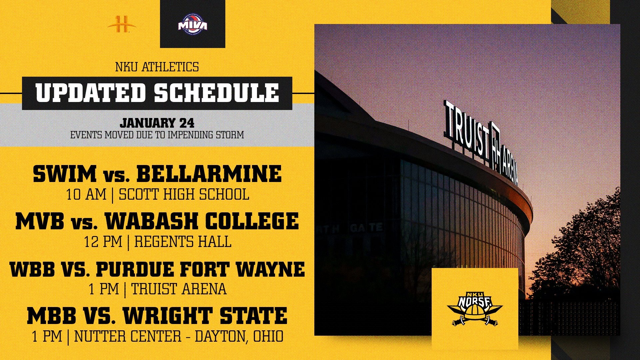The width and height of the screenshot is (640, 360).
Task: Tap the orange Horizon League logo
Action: point(122,24)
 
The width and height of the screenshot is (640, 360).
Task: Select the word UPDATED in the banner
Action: point(91,93)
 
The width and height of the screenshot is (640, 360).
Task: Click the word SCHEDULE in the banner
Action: point(216,93)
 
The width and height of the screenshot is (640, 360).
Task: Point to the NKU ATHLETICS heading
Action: point(157,67)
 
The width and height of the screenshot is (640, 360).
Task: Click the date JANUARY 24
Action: point(157,123)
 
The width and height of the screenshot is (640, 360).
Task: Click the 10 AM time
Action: point(86,194)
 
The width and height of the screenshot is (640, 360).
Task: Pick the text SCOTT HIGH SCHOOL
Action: point(184,194)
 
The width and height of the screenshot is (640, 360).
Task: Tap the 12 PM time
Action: point(103,242)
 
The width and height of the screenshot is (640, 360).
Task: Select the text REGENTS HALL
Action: point(183,242)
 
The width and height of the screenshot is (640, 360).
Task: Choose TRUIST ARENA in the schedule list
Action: point(179,289)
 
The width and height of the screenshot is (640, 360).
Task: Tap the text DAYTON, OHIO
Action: point(239,336)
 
